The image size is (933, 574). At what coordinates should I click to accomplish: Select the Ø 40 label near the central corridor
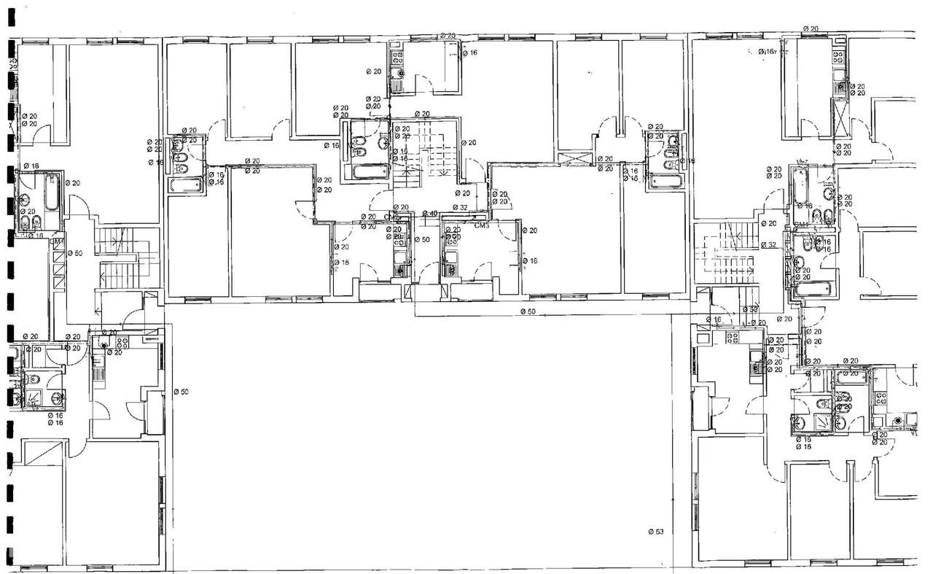click(x=430, y=214)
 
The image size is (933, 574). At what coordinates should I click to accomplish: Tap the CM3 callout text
click(x=480, y=226)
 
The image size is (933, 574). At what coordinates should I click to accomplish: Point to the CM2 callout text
click(x=392, y=217)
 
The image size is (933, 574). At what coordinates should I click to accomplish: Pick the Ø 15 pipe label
click(x=803, y=439)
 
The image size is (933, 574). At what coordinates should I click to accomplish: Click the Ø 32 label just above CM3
click(x=459, y=208)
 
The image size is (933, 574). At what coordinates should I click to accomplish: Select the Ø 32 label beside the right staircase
click(x=768, y=245)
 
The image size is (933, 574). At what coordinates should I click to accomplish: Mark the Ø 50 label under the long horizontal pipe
click(x=528, y=311)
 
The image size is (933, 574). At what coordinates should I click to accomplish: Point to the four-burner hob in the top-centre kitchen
click(x=398, y=54)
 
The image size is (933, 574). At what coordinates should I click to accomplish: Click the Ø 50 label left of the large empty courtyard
click(x=181, y=392)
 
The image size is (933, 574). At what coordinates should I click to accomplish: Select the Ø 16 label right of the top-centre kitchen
click(x=470, y=53)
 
